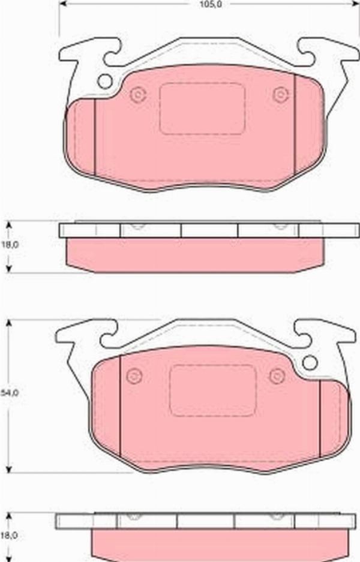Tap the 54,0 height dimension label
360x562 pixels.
10,392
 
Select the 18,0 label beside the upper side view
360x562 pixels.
10,245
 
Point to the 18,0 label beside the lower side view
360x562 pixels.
10,536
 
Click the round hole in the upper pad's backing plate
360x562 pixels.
105,82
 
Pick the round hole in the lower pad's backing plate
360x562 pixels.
310,363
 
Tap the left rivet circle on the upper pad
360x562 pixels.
138,95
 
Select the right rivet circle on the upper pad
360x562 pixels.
281,95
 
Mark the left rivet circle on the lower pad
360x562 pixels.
134,376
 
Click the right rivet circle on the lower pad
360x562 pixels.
277,376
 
